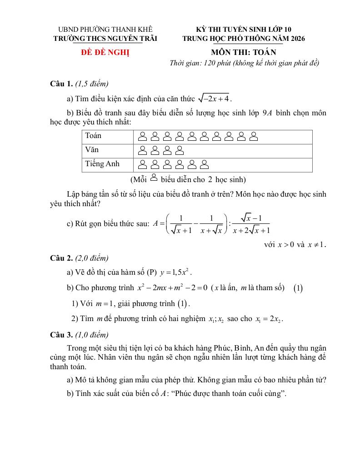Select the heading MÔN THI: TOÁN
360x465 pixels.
pos(243,52)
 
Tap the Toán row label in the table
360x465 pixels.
pos(93,136)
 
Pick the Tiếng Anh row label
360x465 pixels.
pos(102,163)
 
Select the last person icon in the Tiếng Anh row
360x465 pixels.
pos(205,164)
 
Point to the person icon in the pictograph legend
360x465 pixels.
pos(153,178)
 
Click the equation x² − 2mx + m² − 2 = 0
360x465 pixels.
pos(172,287)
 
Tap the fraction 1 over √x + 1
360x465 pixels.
pos(181,224)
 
